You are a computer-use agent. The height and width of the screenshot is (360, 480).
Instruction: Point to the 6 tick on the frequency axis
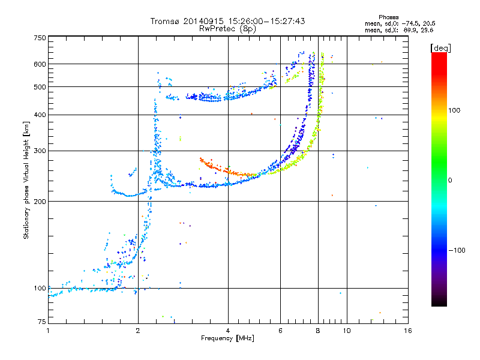[x=280, y=331]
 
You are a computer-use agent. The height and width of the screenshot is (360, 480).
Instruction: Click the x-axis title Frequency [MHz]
[x=227, y=338]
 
